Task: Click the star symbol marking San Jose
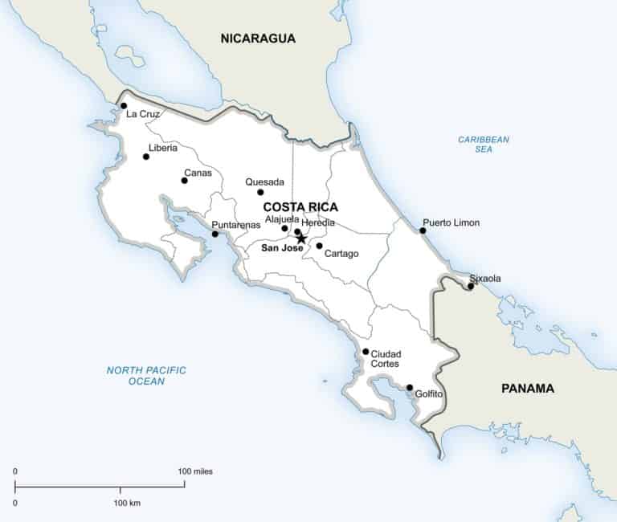click(301, 239)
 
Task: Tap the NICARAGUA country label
click(259, 38)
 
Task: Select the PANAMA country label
click(528, 388)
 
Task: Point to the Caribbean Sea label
click(484, 144)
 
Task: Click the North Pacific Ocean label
click(146, 375)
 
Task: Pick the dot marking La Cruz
click(124, 105)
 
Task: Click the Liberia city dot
click(146, 157)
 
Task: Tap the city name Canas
click(198, 173)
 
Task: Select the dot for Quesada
click(260, 192)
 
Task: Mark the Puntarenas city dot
click(215, 234)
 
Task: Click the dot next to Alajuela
click(284, 228)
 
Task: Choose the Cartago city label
click(341, 254)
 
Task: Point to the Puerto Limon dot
click(423, 230)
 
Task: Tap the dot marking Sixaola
click(471, 286)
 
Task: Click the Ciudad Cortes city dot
click(366, 352)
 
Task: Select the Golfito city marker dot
click(410, 388)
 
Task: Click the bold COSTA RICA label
click(300, 206)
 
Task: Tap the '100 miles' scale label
click(195, 471)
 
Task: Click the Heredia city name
click(318, 222)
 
